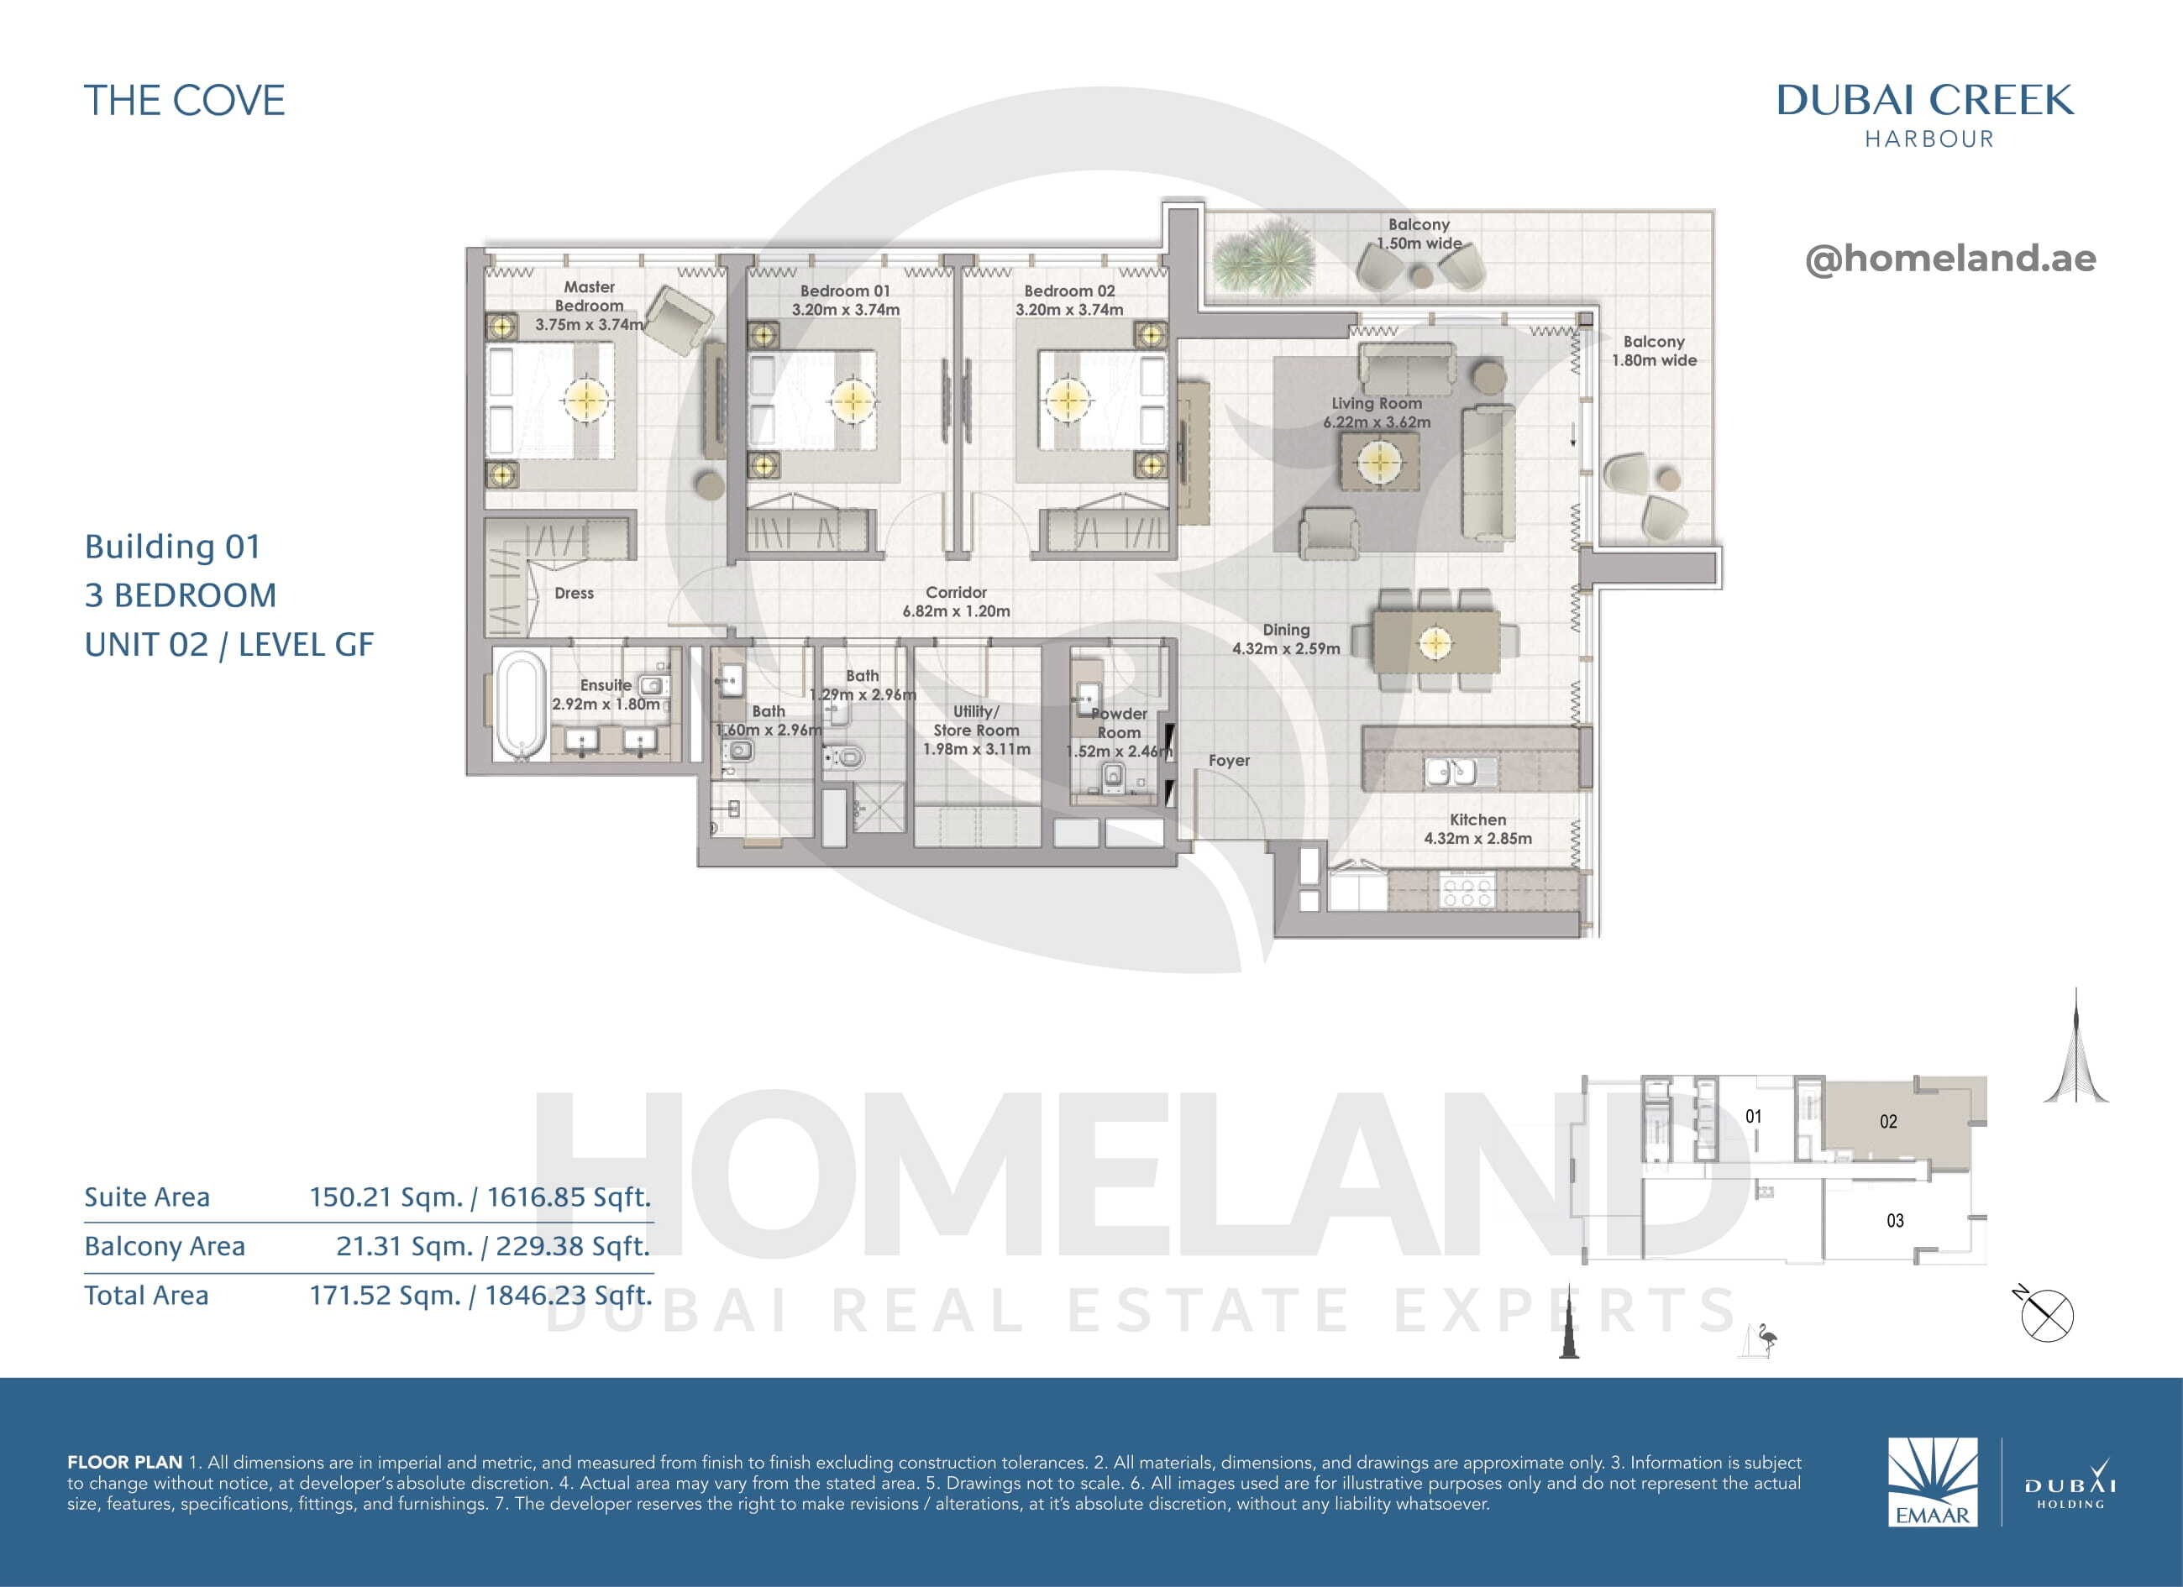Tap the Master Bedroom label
[x=589, y=296]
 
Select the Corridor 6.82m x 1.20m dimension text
[x=956, y=611]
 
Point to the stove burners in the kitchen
[x=1464, y=890]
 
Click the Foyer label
[x=1229, y=760]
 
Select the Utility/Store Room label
[x=976, y=720]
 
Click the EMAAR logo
[x=1933, y=1481]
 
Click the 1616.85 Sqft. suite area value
[x=569, y=1197]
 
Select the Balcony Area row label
[x=165, y=1246]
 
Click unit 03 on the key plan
[x=1895, y=1221]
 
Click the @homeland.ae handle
[x=1950, y=258]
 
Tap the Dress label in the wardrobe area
[x=574, y=594]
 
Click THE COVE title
[x=185, y=101]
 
